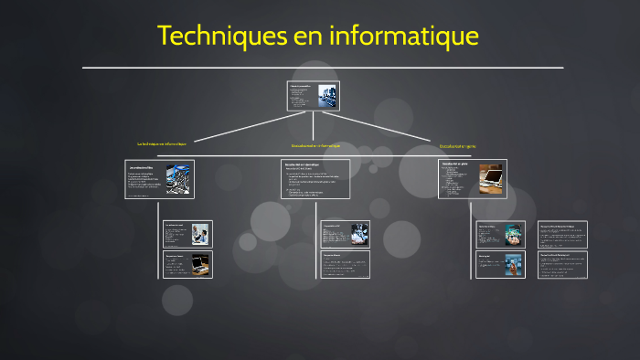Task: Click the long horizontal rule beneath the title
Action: click(323, 68)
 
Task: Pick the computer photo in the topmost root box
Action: click(326, 95)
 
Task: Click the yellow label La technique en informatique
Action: click(162, 144)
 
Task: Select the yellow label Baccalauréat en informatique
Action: click(315, 146)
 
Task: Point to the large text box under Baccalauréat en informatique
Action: click(315, 179)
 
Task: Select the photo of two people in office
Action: click(199, 233)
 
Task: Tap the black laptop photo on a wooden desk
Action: click(199, 265)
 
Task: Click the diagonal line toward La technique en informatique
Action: click(248, 128)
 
